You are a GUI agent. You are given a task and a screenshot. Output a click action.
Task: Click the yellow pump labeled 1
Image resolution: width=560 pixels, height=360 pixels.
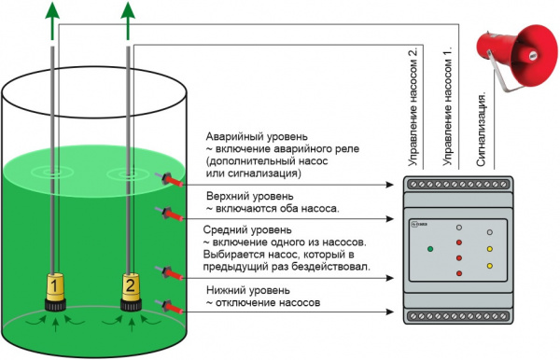pyautogui.click(x=55, y=291)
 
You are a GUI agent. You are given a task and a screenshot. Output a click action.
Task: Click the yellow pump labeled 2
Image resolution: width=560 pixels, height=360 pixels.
pyautogui.click(x=131, y=291)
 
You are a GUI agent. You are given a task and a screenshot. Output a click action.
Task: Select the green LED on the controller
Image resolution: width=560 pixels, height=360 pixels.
pyautogui.click(x=430, y=249)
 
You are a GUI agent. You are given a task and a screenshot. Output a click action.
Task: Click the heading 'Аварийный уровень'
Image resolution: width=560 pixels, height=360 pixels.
pyautogui.click(x=257, y=137)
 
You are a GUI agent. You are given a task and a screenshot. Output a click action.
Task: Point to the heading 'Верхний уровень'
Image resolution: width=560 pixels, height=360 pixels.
pyautogui.click(x=250, y=196)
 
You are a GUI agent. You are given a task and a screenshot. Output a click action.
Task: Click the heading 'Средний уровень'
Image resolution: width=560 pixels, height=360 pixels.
pyautogui.click(x=247, y=230)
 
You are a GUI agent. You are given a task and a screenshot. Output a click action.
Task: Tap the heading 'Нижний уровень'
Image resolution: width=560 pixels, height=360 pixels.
pyautogui.click(x=248, y=290)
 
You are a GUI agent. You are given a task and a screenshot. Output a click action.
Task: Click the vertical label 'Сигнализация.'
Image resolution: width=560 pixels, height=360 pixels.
pyautogui.click(x=482, y=130)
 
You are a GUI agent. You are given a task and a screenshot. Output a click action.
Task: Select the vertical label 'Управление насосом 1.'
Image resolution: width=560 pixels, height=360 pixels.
pyautogui.click(x=447, y=106)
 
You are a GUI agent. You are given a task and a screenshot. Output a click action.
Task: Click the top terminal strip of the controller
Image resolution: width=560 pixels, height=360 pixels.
pyautogui.click(x=458, y=185)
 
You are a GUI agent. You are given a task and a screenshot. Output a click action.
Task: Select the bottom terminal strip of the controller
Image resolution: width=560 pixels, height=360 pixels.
pyautogui.click(x=458, y=316)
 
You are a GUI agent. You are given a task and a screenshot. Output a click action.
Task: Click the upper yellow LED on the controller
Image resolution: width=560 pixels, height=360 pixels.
pyautogui.click(x=490, y=249)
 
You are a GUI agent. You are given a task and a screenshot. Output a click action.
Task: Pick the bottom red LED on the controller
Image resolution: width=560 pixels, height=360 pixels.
pyautogui.click(x=459, y=273)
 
